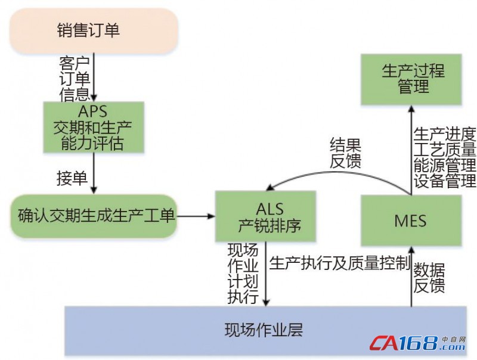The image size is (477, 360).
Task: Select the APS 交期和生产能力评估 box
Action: pyautogui.click(x=94, y=126)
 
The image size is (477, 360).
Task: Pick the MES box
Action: pyautogui.click(x=410, y=221)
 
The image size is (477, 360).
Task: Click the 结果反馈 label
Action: pyautogui.click(x=345, y=153)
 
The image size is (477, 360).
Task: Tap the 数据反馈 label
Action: pyautogui.click(x=429, y=277)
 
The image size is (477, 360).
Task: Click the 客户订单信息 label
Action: pyautogui.click(x=75, y=77)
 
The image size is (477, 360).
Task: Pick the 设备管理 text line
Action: pyautogui.click(x=445, y=180)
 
